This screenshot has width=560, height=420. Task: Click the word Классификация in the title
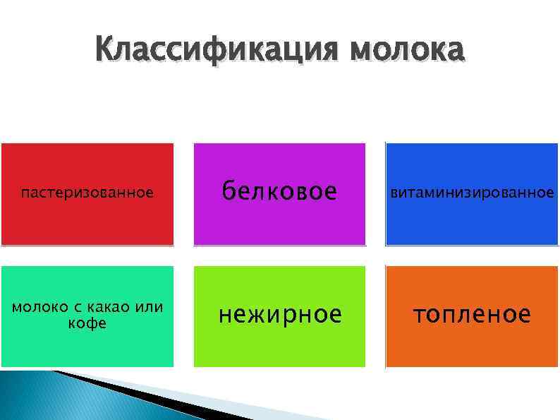pos(214,51)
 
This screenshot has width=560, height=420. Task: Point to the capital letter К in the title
pos(106,51)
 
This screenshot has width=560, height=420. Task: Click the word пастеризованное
pos(87,193)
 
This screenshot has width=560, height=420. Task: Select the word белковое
pos(279,191)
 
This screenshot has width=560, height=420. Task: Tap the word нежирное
pos(279,314)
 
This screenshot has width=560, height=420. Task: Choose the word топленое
pos(472,314)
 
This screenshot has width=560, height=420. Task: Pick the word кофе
pos(87,323)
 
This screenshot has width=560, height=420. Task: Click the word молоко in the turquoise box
pos(39,308)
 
